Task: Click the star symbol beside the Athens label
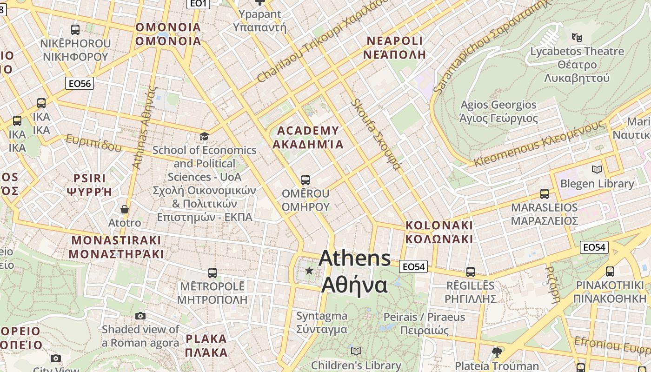[x=309, y=270]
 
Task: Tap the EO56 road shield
[x=79, y=83]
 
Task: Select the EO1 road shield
[x=199, y=4]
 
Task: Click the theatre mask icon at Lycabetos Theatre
[x=577, y=37]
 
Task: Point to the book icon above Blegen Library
[x=597, y=169]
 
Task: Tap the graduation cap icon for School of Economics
[x=204, y=136]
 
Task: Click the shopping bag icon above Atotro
[x=124, y=209]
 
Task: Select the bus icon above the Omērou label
[x=306, y=179]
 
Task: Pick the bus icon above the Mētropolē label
[x=213, y=272]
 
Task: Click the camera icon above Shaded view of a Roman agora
[x=140, y=316]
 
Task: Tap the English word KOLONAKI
[x=439, y=225]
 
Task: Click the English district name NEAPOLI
[x=394, y=41]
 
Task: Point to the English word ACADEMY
[x=308, y=131]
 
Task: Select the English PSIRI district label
[x=90, y=178]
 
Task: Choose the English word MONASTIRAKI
[x=116, y=240]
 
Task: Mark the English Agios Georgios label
[x=498, y=105]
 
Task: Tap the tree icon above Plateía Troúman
[x=497, y=352]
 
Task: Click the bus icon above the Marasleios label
[x=544, y=194]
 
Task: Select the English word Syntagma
[x=322, y=316]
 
